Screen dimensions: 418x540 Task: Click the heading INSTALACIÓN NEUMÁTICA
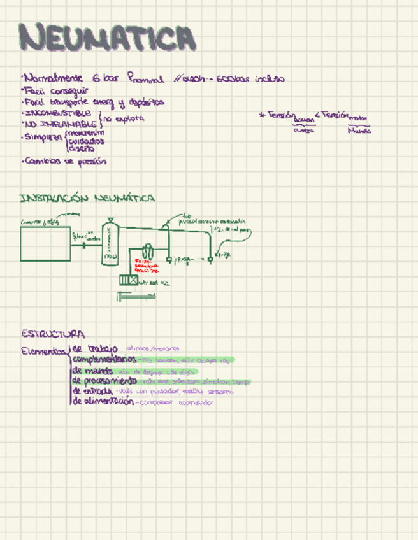pyautogui.click(x=87, y=199)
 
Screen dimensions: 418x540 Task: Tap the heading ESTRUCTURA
pyautogui.click(x=53, y=334)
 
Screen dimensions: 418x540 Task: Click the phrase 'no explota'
pyautogui.click(x=124, y=118)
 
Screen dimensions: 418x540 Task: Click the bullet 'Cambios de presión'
pyautogui.click(x=64, y=162)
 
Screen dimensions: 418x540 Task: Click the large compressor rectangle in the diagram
pyautogui.click(x=45, y=243)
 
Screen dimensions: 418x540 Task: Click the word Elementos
pyautogui.click(x=43, y=350)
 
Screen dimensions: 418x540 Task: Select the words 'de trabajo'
pyautogui.click(x=95, y=348)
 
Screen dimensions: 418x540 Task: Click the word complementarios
pyautogui.click(x=104, y=360)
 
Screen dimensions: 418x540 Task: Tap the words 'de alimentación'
pyautogui.click(x=103, y=402)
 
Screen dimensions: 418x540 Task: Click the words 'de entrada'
pyautogui.click(x=93, y=391)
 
